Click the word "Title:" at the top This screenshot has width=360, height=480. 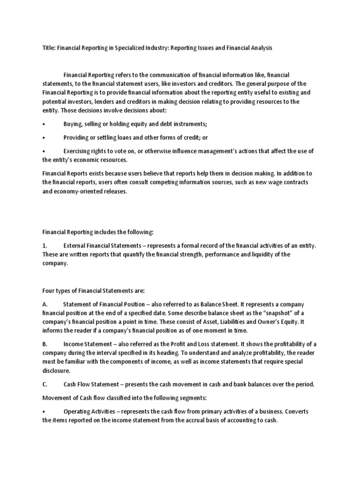click(x=49, y=48)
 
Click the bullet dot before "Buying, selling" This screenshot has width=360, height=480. click(x=43, y=124)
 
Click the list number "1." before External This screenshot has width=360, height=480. click(x=45, y=246)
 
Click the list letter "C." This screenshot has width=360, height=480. click(x=45, y=385)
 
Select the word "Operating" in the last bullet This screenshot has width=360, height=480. click(x=77, y=411)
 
